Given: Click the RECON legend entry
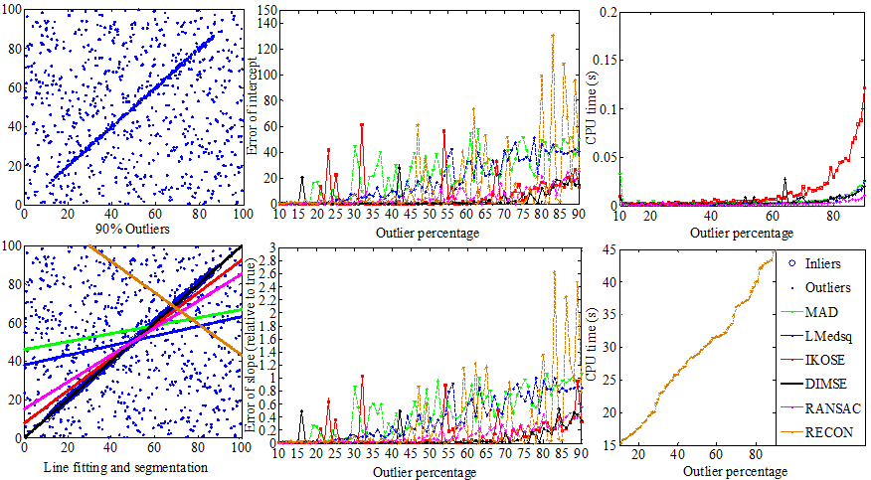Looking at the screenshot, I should (x=832, y=433).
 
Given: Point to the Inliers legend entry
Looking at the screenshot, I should (x=828, y=263).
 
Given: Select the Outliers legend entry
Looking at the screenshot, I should (x=831, y=288).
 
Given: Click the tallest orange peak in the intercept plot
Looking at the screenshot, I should (x=553, y=36).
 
